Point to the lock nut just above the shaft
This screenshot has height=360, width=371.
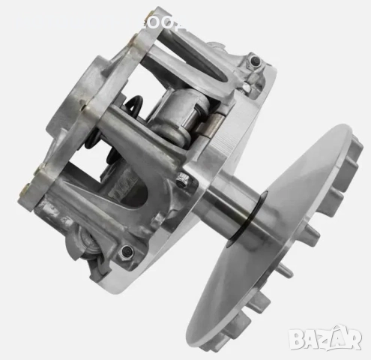click(182, 179)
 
